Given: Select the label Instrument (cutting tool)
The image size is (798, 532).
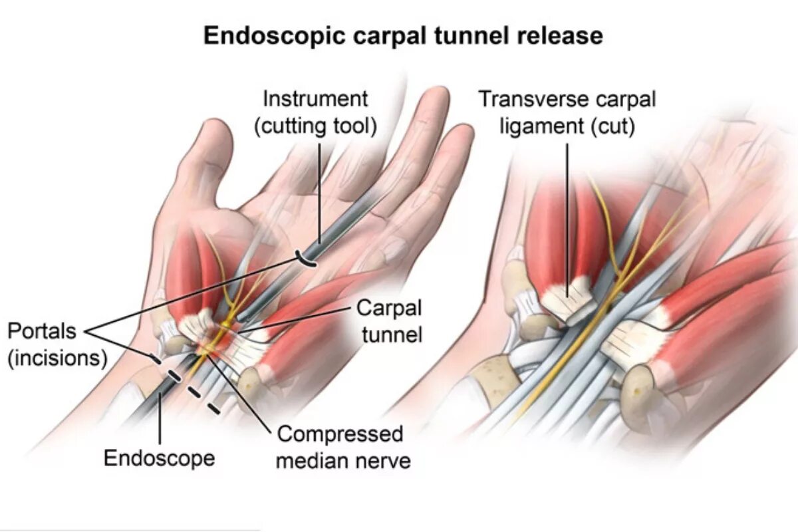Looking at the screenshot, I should pos(315,112).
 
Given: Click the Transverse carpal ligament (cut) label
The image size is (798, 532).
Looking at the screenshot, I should pos(567,112).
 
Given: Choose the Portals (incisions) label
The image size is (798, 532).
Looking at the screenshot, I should pos(57,344).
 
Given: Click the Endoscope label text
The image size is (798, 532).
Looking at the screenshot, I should pos(160,458).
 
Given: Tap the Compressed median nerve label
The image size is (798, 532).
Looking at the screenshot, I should pos(341,447).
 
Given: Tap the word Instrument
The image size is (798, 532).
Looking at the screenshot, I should pos(315,100).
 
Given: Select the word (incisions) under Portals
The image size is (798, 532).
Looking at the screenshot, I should pos(57,357).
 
